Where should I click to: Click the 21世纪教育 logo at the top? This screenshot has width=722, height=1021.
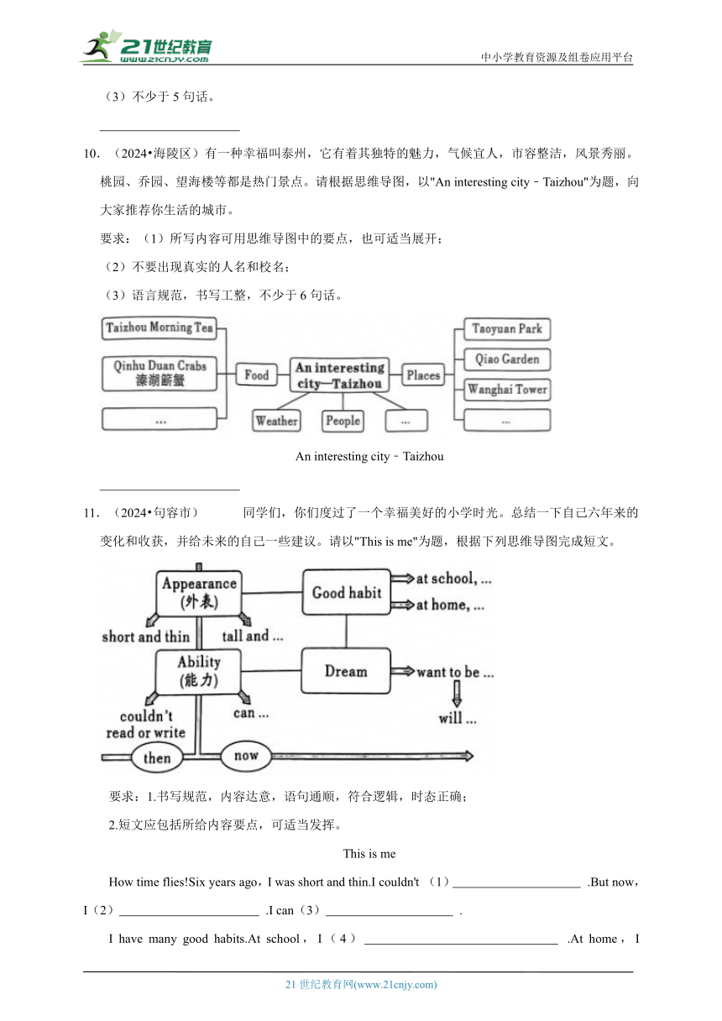point(146,46)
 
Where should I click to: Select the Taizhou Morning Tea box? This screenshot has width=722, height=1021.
point(159,328)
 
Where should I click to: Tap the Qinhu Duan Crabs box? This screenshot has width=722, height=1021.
point(159,374)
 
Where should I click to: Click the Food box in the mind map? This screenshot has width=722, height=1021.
point(257,374)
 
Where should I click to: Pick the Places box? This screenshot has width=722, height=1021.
point(423,374)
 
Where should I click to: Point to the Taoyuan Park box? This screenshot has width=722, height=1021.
point(507,329)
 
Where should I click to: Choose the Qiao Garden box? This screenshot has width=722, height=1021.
point(507,359)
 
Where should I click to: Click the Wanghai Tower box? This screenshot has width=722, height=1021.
point(507,390)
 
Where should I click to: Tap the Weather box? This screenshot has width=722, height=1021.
point(276,421)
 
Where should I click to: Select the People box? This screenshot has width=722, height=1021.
point(343,421)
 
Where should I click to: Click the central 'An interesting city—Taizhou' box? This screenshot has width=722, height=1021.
point(339,374)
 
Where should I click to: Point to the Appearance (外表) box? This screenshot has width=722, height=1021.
point(199,593)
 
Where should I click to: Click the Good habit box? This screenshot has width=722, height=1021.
point(347,592)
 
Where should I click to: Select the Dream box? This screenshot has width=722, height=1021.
point(346,671)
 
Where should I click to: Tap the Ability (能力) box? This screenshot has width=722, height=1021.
point(199,672)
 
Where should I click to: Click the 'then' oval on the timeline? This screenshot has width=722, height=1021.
point(157,757)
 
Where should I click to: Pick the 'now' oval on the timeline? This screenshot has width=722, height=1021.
point(246,756)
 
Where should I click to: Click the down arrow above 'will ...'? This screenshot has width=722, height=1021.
point(457,694)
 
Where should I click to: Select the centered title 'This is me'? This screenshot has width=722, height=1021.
point(369,854)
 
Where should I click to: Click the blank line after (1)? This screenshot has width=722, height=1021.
point(516,887)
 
